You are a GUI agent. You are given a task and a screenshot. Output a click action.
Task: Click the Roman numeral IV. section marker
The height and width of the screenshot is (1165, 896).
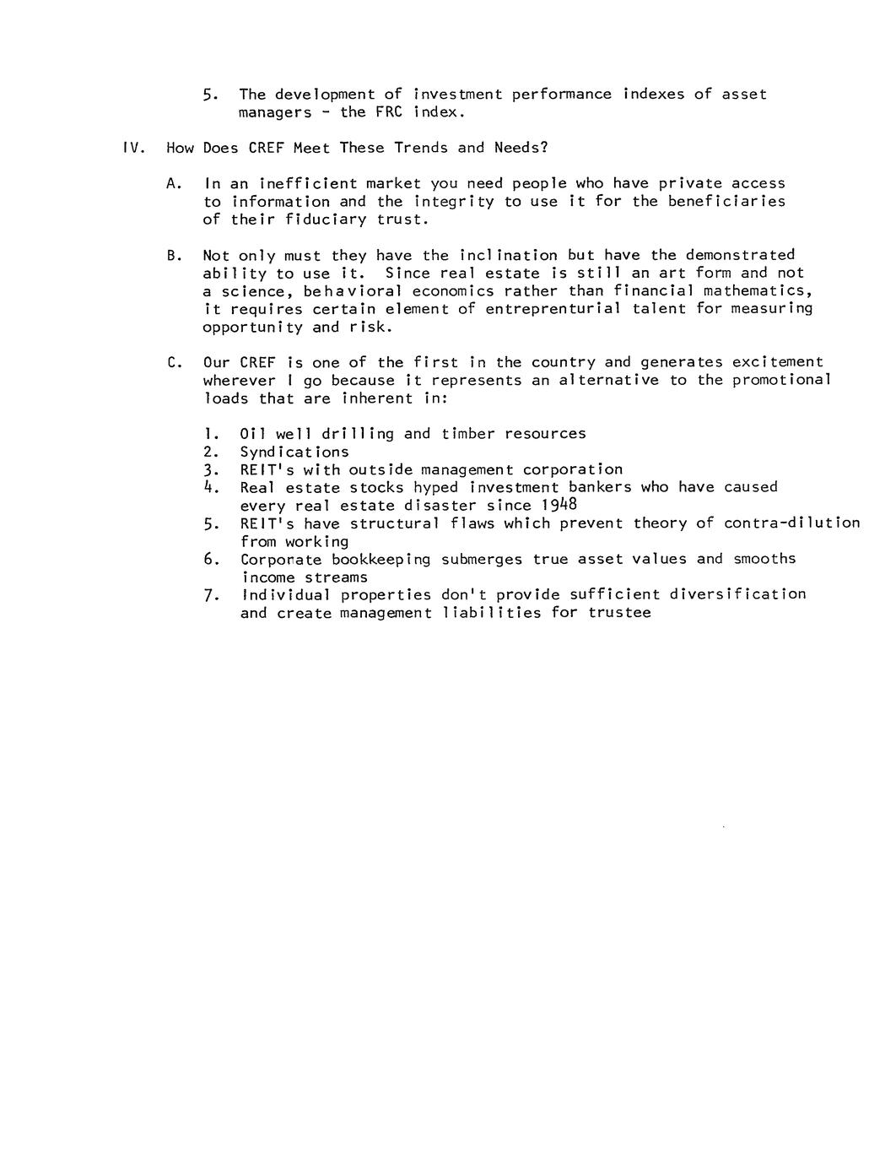point(135,149)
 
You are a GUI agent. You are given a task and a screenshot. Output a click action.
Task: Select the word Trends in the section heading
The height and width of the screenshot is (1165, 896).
point(419,149)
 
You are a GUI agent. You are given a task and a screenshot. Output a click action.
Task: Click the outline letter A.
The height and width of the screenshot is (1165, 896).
point(173,184)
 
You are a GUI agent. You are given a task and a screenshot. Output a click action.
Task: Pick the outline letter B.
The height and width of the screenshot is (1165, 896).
point(173,256)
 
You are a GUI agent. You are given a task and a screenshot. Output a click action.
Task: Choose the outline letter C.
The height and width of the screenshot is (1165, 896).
point(173,363)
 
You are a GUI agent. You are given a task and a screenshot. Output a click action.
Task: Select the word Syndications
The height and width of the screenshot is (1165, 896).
point(294,452)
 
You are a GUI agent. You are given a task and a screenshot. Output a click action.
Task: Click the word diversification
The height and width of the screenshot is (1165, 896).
point(738,594)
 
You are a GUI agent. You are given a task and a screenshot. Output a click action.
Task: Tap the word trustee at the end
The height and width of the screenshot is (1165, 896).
point(620,613)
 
